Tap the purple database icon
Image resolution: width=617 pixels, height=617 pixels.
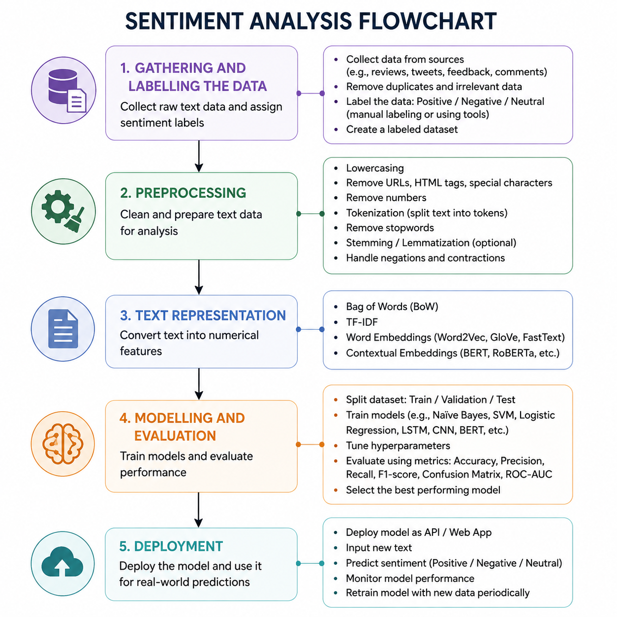click(63, 91)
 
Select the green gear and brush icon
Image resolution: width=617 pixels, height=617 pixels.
click(63, 211)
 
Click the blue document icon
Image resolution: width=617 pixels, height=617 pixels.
click(63, 329)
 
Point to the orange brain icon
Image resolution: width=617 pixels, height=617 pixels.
click(63, 444)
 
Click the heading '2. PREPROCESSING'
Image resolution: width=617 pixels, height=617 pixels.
click(183, 193)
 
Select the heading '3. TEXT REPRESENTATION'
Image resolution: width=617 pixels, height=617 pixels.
click(203, 315)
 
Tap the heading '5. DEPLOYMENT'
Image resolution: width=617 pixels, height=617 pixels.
click(171, 547)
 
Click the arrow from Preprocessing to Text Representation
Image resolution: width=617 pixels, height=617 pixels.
click(199, 278)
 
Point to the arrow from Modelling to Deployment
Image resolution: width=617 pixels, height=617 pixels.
click(198, 510)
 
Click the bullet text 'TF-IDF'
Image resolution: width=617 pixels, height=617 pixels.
click(362, 322)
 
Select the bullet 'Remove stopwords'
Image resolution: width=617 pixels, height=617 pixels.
click(390, 228)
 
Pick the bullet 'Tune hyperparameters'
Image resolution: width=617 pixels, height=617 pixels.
click(398, 446)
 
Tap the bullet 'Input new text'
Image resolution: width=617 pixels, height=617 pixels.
click(379, 548)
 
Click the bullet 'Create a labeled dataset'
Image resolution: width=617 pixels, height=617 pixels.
click(402, 129)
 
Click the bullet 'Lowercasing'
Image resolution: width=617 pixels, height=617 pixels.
click(375, 168)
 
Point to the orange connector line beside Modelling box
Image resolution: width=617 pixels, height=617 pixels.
click(310, 444)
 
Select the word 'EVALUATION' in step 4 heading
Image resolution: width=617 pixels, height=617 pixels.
click(175, 436)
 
